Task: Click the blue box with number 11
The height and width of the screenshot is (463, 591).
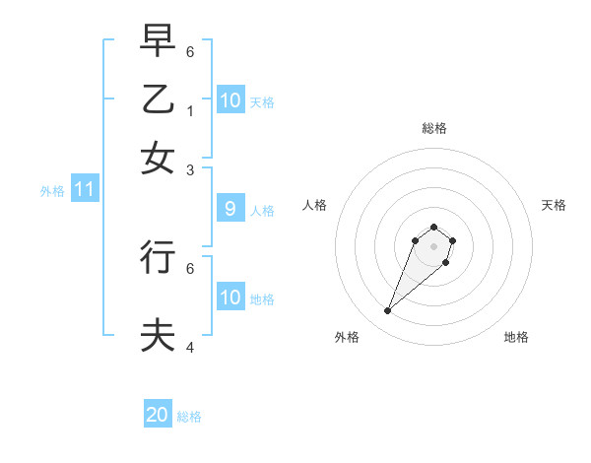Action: click(84, 190)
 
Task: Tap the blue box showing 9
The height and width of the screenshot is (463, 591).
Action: click(230, 209)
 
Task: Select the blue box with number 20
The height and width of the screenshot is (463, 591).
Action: click(158, 415)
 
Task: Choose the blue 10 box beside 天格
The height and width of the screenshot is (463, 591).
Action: click(230, 100)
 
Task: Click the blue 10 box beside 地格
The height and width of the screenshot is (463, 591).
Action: click(230, 298)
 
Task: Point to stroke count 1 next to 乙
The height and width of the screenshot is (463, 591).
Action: click(190, 110)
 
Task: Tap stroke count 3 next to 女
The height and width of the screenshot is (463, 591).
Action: click(190, 169)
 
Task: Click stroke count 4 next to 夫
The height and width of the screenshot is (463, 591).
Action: click(190, 347)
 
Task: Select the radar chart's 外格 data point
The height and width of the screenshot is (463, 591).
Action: click(388, 311)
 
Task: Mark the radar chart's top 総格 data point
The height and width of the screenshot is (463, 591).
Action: click(433, 226)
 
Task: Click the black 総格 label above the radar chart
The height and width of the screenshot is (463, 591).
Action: click(433, 128)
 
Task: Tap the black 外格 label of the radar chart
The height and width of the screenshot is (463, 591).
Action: click(347, 337)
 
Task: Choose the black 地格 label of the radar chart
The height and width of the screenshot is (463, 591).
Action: click(516, 337)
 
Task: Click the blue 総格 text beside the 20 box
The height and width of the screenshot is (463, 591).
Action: click(189, 417)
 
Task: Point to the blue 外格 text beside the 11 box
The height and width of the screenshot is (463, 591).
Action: click(52, 191)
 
